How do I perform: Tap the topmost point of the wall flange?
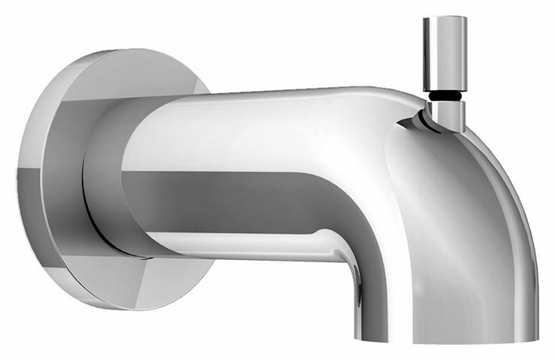tap(128, 50)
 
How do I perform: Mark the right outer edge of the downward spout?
tap(535, 263)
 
